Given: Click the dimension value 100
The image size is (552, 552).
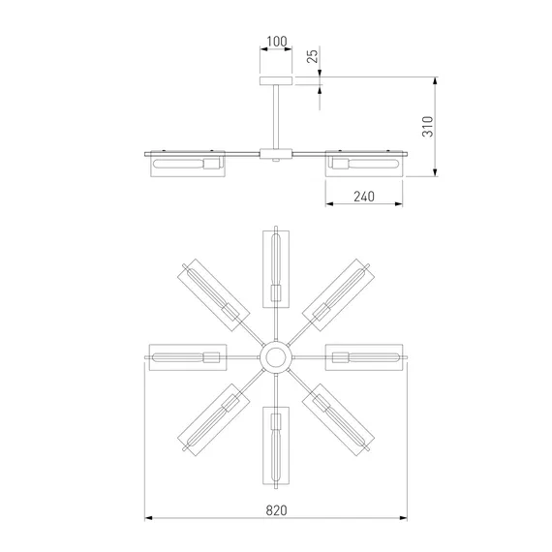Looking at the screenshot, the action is tap(277, 42).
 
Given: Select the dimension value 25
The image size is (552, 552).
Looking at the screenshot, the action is tap(312, 56).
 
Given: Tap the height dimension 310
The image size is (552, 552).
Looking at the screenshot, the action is tap(427, 126).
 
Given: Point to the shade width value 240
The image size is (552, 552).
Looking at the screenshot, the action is tap(364, 197).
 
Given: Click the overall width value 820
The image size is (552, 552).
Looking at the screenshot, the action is tap(276, 510).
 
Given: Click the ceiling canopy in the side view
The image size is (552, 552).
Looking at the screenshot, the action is tap(276, 80).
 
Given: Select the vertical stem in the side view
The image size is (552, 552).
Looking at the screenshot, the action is tap(276, 116).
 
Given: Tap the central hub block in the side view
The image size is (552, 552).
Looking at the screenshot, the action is tap(276, 154).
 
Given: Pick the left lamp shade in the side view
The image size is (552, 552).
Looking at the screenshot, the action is tap(188, 164).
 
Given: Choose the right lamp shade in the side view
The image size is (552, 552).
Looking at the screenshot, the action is tap(364, 164).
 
